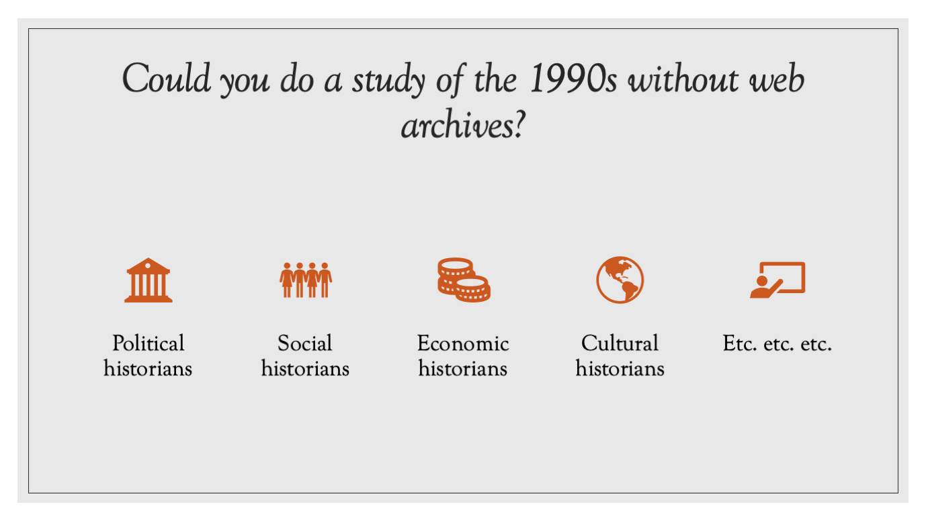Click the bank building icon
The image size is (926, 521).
click(x=149, y=280)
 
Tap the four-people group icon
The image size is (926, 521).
click(x=306, y=280)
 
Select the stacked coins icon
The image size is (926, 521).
click(x=464, y=280)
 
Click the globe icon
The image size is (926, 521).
click(x=620, y=280)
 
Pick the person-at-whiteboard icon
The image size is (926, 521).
click(x=777, y=280)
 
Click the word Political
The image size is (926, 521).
click(x=149, y=344)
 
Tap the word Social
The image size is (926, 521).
click(x=305, y=344)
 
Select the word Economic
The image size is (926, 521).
click(x=463, y=344)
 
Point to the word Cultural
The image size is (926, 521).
click(x=620, y=344)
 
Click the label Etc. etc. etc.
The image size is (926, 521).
click(x=777, y=344)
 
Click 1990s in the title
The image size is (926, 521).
click(x=573, y=79)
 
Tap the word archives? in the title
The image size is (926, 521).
click(x=463, y=124)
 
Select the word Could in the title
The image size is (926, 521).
click(x=166, y=78)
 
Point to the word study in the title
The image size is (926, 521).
click(x=388, y=80)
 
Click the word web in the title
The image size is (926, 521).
click(x=777, y=79)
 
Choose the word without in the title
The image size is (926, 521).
click(x=683, y=79)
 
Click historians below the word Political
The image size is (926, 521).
click(x=148, y=368)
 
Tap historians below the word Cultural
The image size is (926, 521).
click(x=620, y=368)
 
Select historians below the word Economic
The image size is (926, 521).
click(x=463, y=368)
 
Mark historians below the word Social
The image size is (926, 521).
click(x=305, y=368)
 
